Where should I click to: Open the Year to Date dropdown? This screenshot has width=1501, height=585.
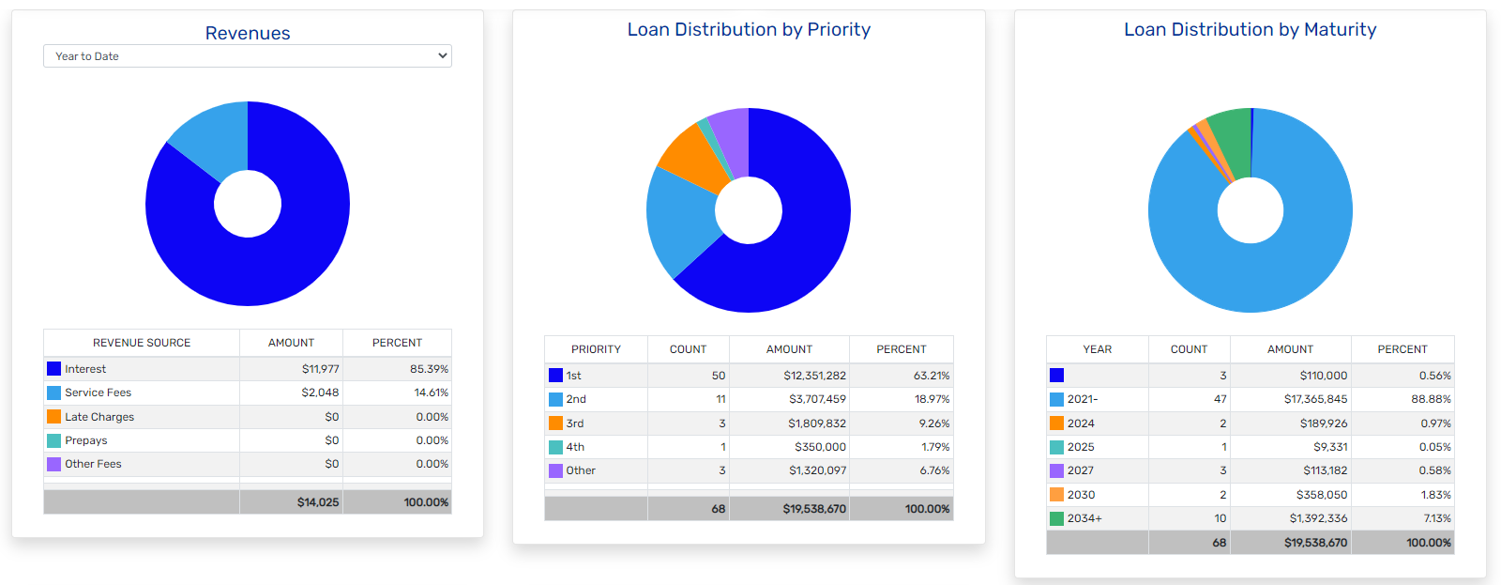coord(247,56)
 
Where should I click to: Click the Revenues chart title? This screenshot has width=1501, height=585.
coord(248,33)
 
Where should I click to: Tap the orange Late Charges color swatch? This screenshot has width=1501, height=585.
coord(54,417)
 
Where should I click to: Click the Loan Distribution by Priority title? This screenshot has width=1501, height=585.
coord(749,29)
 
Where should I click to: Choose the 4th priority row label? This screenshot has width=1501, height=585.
coord(575,447)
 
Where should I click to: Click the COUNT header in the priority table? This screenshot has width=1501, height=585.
coord(688,349)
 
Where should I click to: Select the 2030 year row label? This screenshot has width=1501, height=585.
coord(1081,495)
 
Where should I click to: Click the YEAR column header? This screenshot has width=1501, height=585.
coord(1097,349)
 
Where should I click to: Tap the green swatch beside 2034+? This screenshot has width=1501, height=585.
coord(1057,518)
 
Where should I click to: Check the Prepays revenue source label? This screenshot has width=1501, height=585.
coord(86,440)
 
